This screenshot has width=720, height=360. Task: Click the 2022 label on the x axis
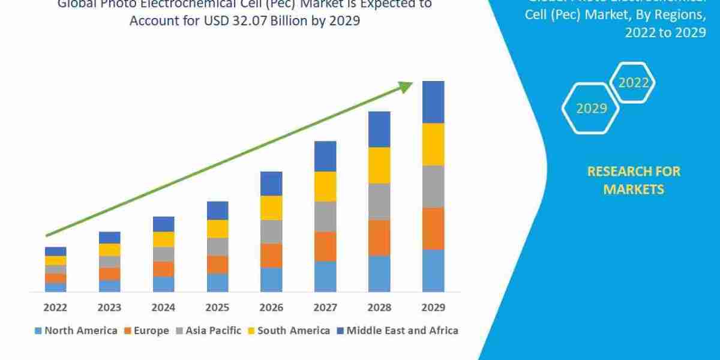tap(55, 307)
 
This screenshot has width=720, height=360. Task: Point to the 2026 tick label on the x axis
tap(271, 307)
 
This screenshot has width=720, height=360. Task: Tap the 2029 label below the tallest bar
tap(433, 307)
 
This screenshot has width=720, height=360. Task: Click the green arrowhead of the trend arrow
tap(407, 86)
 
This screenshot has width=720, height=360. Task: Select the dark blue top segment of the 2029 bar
tap(433, 102)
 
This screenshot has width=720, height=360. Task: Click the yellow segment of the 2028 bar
tap(379, 165)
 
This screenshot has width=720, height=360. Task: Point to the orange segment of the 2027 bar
tap(325, 246)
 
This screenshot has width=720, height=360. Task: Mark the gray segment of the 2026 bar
tap(271, 232)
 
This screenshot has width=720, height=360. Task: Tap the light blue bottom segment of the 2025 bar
tap(217, 283)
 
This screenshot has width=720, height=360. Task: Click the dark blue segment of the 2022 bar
tap(55, 251)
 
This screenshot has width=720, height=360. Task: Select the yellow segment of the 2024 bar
tap(163, 239)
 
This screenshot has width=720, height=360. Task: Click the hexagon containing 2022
tap(632, 83)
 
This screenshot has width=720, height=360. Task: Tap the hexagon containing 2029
tap(591, 108)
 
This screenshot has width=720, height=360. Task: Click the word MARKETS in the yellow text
tap(634, 190)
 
